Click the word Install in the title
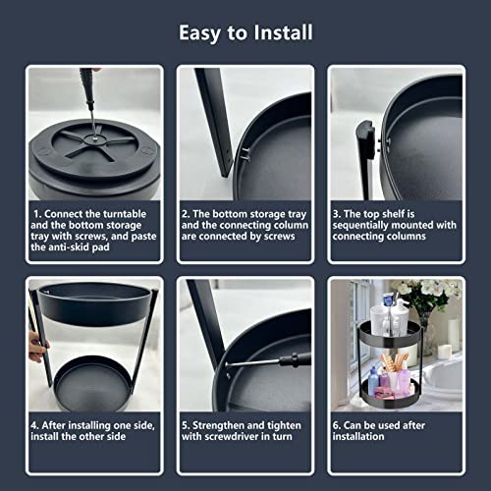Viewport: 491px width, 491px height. click(x=283, y=32)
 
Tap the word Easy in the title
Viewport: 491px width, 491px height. click(x=199, y=33)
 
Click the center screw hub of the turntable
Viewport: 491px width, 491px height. click(x=94, y=138)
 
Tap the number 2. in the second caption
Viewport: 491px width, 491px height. click(x=186, y=214)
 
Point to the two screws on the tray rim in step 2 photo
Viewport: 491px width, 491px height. click(x=246, y=154)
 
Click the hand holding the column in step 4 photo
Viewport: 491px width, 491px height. click(x=37, y=347)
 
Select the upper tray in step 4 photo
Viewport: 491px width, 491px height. click(x=94, y=302)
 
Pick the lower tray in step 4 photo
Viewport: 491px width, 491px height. click(x=92, y=383)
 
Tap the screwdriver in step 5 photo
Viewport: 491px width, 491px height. click(x=267, y=360)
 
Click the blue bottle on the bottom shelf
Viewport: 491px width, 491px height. click(x=373, y=380)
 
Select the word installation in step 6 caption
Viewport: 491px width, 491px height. click(x=358, y=437)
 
